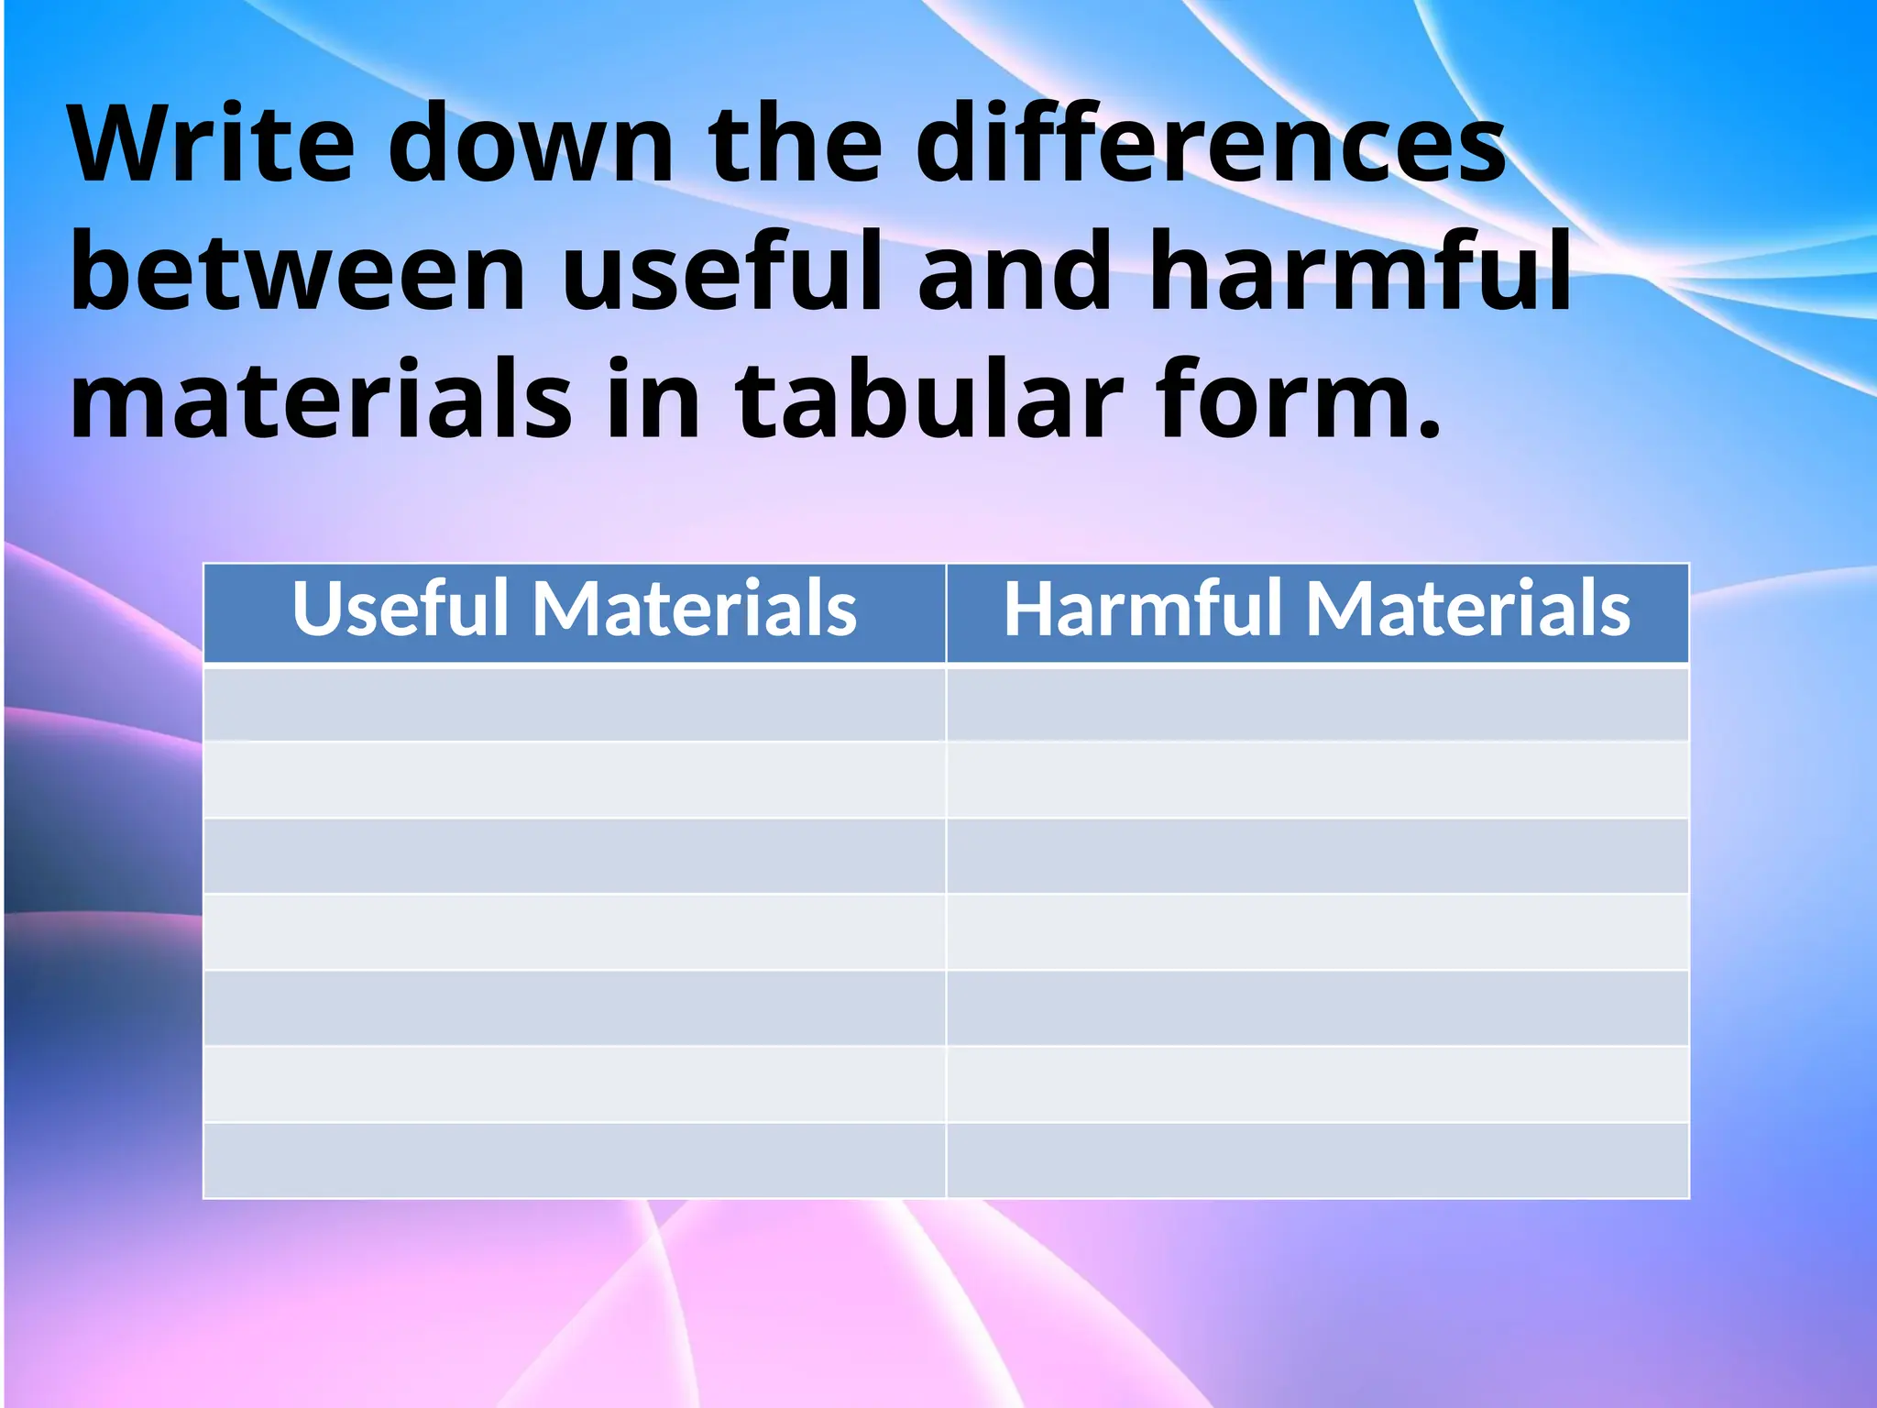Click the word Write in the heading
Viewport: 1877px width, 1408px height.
[x=212, y=145]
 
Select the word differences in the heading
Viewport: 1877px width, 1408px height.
[x=1210, y=145]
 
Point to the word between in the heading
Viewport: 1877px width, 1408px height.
[x=298, y=272]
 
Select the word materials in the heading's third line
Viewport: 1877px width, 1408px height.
[x=321, y=400]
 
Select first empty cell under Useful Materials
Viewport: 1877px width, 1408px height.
[x=575, y=704]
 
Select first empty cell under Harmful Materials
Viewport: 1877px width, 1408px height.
[x=1317, y=704]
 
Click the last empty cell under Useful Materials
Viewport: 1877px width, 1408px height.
[x=575, y=1160]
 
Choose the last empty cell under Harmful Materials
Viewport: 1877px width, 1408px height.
[x=1317, y=1160]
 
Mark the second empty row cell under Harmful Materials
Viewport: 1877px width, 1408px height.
[x=1317, y=779]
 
